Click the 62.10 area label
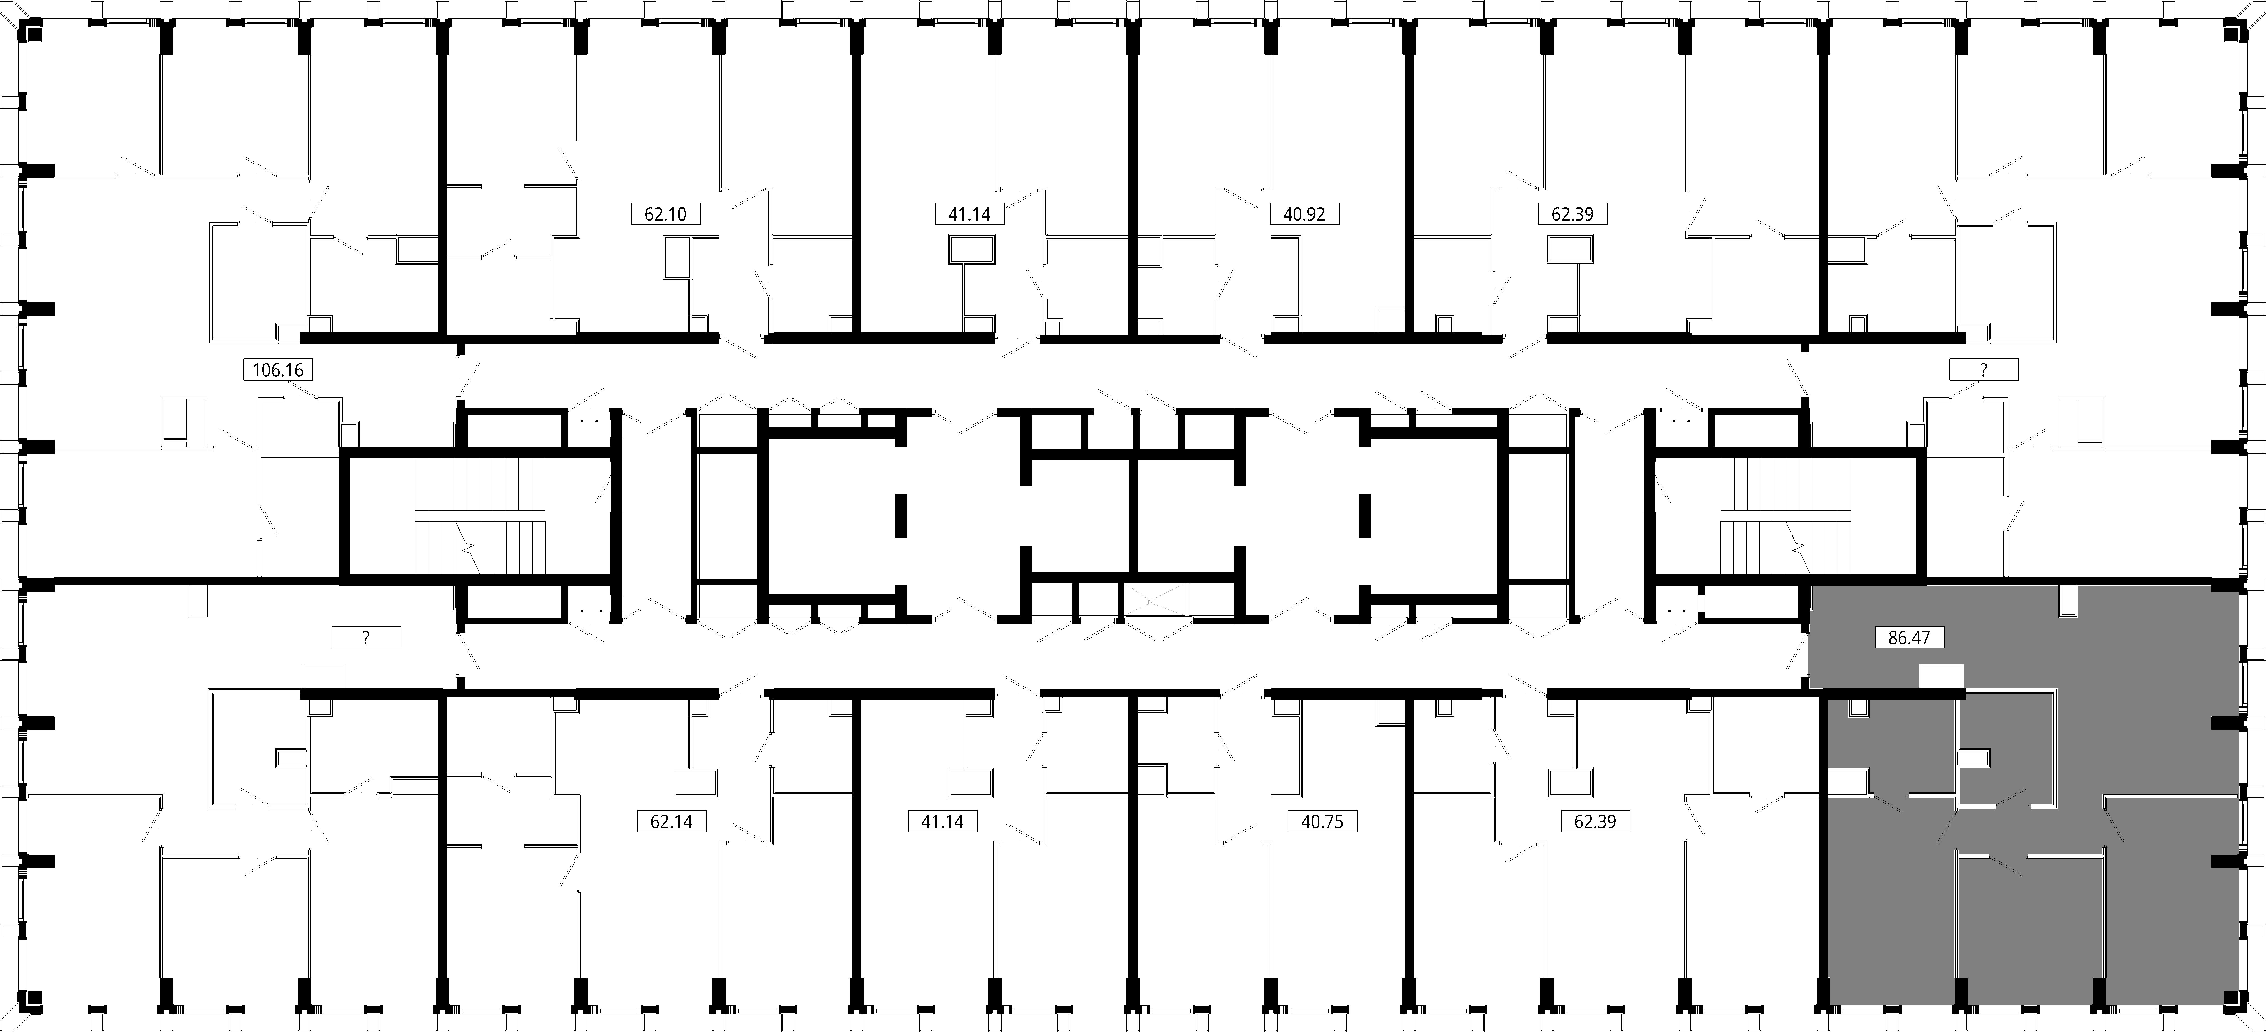[666, 214]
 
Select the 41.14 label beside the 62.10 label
[969, 214]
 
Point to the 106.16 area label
[278, 369]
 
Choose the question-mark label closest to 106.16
[366, 637]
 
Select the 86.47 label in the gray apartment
[1909, 637]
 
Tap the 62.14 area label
[671, 822]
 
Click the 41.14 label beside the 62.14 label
[942, 822]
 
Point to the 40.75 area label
[1322, 822]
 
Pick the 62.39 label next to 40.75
[1595, 822]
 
